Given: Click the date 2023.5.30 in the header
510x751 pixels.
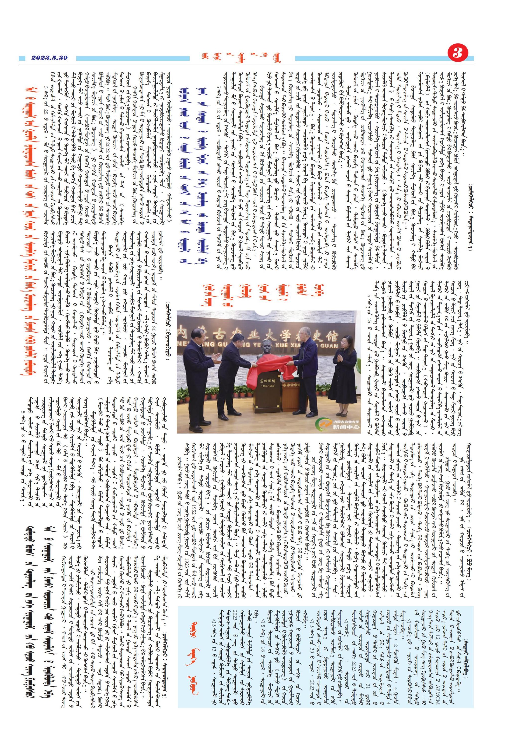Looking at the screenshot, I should [x=49, y=58].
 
